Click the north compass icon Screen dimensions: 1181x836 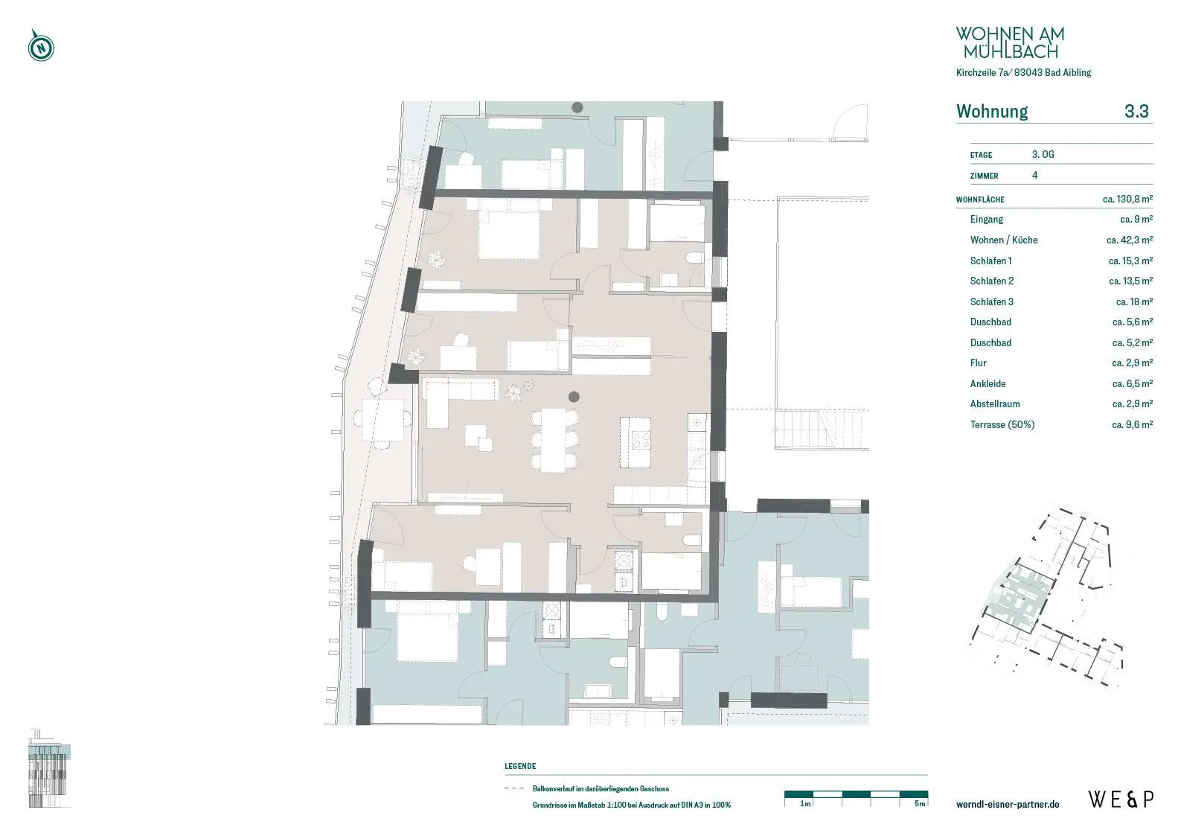pyautogui.click(x=41, y=46)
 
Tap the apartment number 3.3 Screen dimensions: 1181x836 pyautogui.click(x=1136, y=111)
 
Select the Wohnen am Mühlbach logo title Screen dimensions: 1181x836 pyautogui.click(x=1010, y=42)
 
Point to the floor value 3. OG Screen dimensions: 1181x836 pyautogui.click(x=1043, y=155)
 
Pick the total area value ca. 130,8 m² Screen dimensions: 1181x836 pyautogui.click(x=1127, y=199)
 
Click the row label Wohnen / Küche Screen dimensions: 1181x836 pyautogui.click(x=1003, y=240)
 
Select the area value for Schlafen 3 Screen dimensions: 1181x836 pyautogui.click(x=1134, y=301)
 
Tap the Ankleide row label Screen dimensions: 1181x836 pyautogui.click(x=988, y=383)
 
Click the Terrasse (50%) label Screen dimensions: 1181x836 pyautogui.click(x=1002, y=424)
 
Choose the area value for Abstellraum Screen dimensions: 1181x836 pyautogui.click(x=1132, y=404)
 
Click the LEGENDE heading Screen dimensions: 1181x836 pyautogui.click(x=520, y=766)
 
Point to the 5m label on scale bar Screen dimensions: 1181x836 pyautogui.click(x=920, y=804)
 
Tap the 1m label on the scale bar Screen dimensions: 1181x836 pyautogui.click(x=805, y=804)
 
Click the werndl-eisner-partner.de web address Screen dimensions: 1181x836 pyautogui.click(x=1008, y=804)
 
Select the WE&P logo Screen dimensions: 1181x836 pyautogui.click(x=1121, y=800)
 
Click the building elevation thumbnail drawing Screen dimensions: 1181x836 pyautogui.click(x=50, y=768)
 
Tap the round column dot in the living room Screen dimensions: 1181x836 pyautogui.click(x=574, y=397)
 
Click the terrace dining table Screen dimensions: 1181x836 pyautogui.click(x=383, y=420)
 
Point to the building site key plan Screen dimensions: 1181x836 pyautogui.click(x=1046, y=598)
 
